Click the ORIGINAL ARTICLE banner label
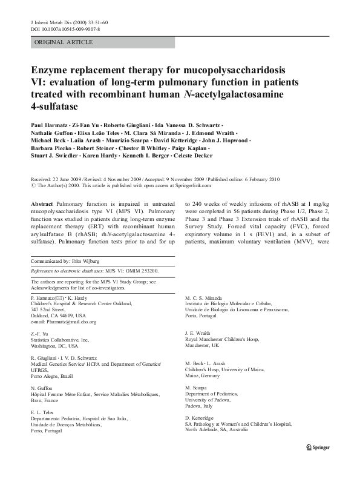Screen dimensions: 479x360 [63, 42]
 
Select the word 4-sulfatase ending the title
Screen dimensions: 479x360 [56, 107]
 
